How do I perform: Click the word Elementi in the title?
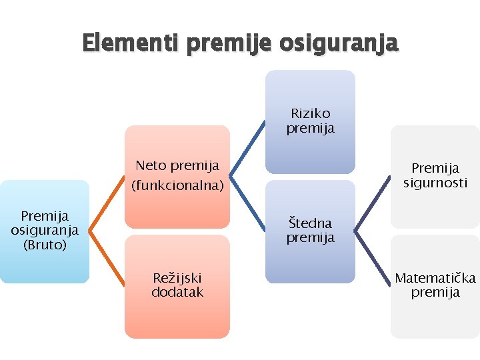tap(131, 43)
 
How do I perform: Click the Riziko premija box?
tap(310, 121)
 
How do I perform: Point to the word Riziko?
tap(310, 114)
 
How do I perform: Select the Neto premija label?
tap(177, 165)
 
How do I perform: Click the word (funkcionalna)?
tap(177, 185)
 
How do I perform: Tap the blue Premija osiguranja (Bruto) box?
tap(44, 231)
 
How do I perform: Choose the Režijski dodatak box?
tap(177, 285)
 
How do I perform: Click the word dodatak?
tap(177, 293)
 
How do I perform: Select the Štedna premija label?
tap(310, 230)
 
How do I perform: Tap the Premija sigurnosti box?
tap(435, 176)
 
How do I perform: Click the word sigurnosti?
tap(435, 183)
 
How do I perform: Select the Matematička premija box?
tap(435, 285)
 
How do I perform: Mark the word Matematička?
tap(435, 278)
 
